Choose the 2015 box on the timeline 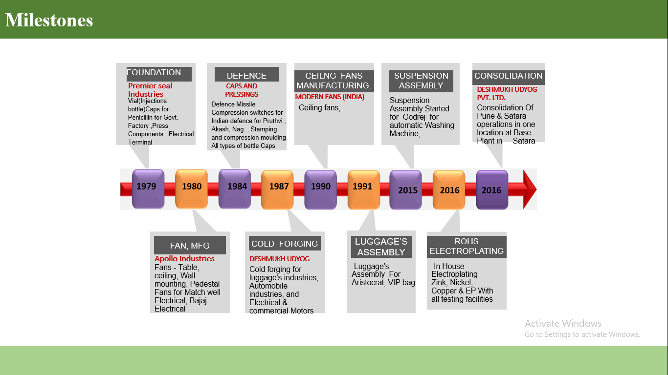coord(405,189)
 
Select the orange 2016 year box coord(448,189)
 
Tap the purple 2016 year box coord(491,189)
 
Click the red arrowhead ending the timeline coord(530,189)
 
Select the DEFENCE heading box coord(246,75)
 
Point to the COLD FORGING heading coord(285,244)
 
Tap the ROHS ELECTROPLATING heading coord(467,247)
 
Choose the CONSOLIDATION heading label coord(509,76)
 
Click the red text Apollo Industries coord(184,259)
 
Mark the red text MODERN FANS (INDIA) coord(330,97)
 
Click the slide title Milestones coord(49,20)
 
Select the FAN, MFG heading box coord(190,246)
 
